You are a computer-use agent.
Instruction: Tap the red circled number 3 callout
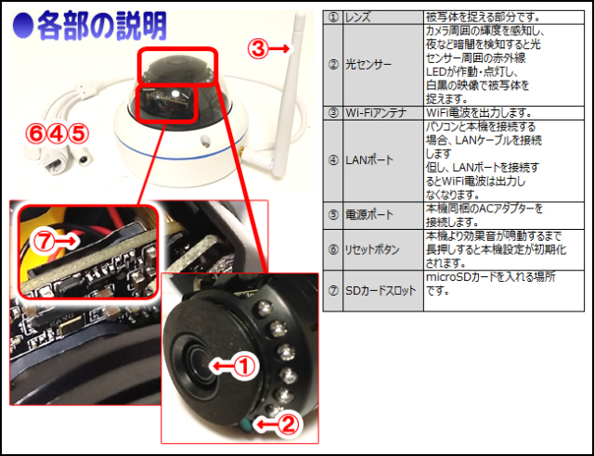pos(258,49)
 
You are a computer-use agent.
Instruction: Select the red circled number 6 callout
pos(35,133)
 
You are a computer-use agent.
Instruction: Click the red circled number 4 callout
pos(57,133)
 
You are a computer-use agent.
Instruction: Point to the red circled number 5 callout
pos(78,133)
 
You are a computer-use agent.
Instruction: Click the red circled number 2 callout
pos(288,424)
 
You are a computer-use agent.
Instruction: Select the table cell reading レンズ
pos(383,18)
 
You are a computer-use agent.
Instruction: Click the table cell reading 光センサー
pos(383,65)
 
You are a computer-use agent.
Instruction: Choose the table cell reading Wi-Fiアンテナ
pos(383,113)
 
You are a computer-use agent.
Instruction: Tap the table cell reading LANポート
pos(383,160)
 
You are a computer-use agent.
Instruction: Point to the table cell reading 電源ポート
pos(383,215)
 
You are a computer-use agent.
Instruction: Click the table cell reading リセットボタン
pos(383,249)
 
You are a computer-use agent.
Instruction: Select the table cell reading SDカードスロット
pos(383,291)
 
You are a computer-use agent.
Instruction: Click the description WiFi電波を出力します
pos(478,113)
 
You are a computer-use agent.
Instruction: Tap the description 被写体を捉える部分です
pos(483,18)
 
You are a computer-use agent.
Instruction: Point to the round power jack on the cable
pos(84,158)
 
